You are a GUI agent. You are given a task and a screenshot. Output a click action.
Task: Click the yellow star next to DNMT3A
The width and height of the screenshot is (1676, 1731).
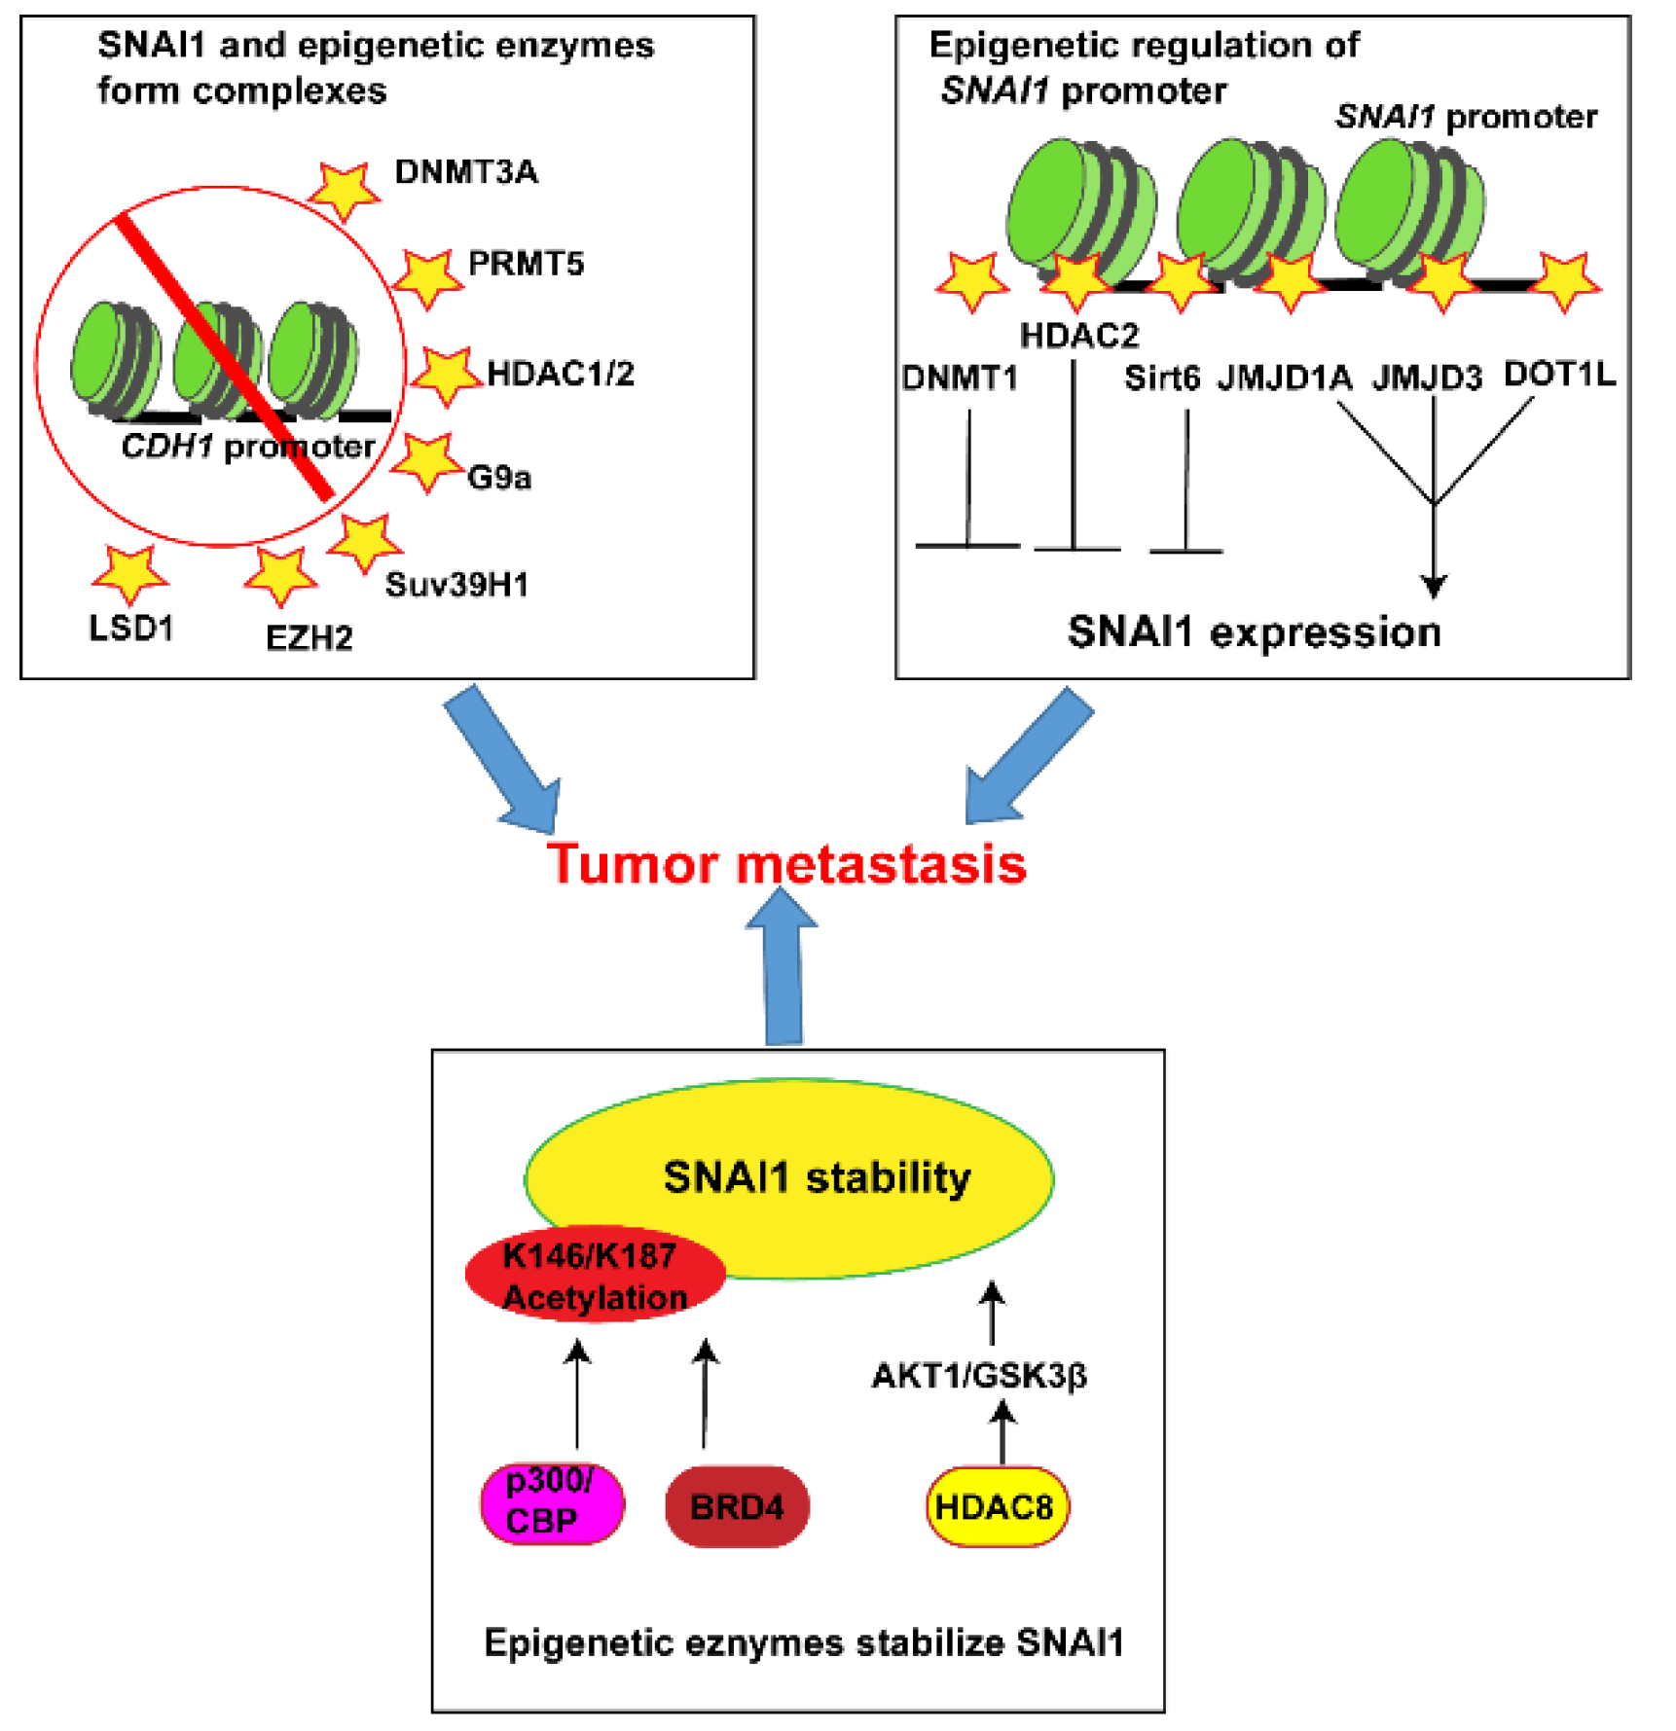pos(344,190)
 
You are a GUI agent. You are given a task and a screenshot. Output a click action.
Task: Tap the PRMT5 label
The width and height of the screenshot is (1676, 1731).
pos(526,263)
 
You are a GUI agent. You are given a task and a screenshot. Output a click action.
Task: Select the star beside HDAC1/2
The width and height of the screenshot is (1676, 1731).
pos(446,375)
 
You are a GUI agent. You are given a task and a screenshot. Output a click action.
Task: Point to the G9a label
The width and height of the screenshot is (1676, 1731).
pos(499,477)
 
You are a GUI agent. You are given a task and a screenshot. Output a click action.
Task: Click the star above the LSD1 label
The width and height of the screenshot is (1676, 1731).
pos(129,573)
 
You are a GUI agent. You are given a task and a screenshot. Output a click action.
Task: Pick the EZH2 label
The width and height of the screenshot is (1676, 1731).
pos(309,638)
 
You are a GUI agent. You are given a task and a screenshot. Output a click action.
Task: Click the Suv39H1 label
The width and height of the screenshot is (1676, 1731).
pos(456,584)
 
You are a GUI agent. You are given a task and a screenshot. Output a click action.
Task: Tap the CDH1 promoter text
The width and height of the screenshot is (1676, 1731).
pos(247,447)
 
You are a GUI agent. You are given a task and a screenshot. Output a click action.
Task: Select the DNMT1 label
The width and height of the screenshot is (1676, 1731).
pos(960,378)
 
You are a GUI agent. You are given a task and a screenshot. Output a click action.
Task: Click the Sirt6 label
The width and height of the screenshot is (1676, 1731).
pos(1161,378)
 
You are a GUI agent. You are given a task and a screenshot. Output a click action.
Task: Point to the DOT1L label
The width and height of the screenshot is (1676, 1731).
pos(1559,374)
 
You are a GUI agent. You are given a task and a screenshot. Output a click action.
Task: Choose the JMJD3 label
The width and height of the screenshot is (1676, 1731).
pos(1427,378)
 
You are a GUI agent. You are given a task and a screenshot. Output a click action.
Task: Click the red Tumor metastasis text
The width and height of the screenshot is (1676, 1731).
pos(786,863)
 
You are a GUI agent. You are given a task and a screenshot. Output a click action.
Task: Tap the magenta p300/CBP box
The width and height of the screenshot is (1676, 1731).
pos(553,1504)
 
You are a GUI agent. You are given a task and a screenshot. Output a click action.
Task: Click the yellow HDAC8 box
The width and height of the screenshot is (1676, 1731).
pos(997,1507)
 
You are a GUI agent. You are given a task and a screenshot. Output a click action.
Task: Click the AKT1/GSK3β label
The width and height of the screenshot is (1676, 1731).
pos(979,1376)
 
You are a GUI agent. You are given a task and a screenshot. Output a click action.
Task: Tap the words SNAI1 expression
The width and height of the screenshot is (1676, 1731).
pos(1255,632)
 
